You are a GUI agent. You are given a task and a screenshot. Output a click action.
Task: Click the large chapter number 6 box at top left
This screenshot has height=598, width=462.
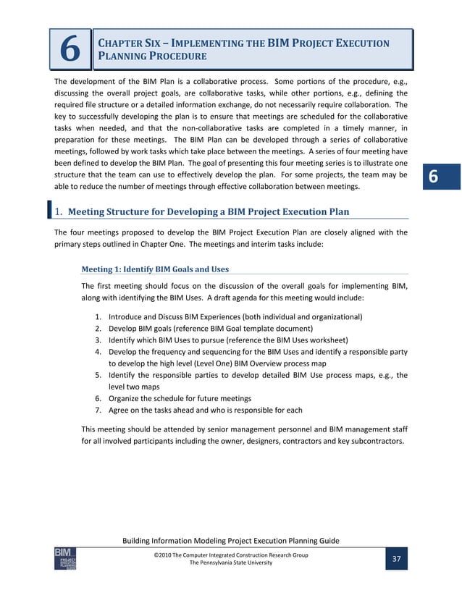pos(70,49)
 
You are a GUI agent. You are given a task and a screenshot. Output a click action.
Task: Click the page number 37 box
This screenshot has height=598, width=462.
pos(396,559)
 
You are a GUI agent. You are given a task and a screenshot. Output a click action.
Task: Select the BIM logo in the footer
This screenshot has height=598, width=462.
pos(65,558)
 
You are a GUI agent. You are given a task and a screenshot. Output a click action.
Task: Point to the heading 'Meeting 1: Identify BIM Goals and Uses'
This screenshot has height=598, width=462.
pos(156,269)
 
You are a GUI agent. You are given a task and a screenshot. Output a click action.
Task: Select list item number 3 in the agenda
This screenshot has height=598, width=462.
pos(98,340)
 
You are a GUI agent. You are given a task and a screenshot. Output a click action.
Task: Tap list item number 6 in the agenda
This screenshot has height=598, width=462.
pos(98,398)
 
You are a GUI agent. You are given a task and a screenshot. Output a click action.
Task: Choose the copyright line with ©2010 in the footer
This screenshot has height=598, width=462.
pos(231,555)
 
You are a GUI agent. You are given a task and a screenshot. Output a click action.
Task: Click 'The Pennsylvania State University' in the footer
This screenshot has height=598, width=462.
pos(231,563)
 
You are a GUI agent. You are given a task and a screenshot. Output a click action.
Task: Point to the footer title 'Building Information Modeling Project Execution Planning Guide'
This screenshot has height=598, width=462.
pos(231,542)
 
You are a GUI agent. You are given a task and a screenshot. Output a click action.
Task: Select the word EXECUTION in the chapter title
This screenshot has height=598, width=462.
pos(357,43)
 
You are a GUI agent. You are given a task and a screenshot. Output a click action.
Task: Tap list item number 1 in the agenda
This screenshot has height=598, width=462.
pos(98,317)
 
